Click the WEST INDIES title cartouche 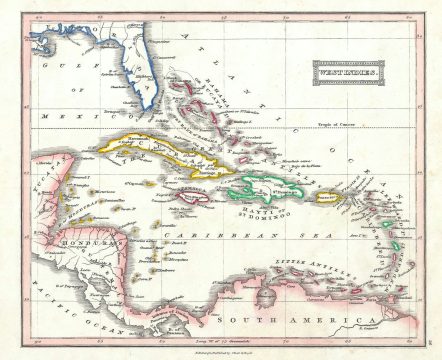pyautogui.click(x=348, y=73)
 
